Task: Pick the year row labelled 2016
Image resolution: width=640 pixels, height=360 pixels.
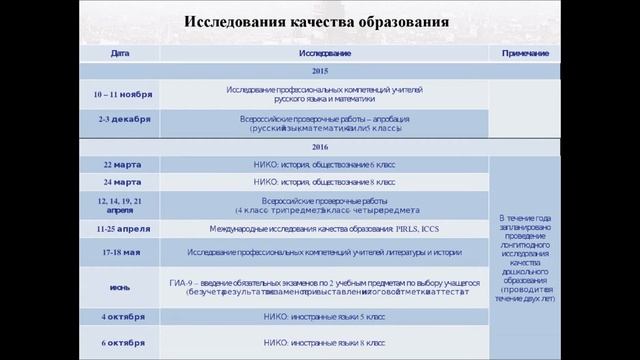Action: pyautogui.click(x=320, y=146)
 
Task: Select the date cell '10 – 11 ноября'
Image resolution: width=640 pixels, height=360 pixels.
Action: pyautogui.click(x=123, y=94)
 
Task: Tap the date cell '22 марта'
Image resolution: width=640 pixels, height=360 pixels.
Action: pyautogui.click(x=121, y=163)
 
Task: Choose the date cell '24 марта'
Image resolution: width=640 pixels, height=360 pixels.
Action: pyautogui.click(x=121, y=182)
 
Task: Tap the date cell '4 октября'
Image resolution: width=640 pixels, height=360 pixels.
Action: pyautogui.click(x=122, y=317)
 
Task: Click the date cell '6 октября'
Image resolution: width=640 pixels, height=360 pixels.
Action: pyautogui.click(x=122, y=342)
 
